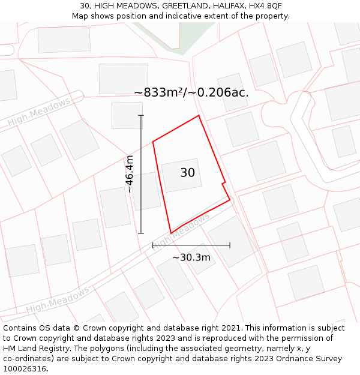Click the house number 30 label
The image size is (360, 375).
point(187,173)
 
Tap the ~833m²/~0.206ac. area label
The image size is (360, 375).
point(191,92)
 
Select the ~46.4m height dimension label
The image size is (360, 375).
point(129,174)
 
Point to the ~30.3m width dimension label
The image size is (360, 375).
point(191,257)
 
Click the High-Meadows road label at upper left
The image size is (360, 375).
point(39,112)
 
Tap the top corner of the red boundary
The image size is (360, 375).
point(199,116)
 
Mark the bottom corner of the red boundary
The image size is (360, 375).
point(171,233)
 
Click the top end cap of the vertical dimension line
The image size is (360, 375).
point(141,115)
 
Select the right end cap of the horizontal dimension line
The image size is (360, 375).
point(230,245)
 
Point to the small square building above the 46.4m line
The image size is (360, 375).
point(127,115)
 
